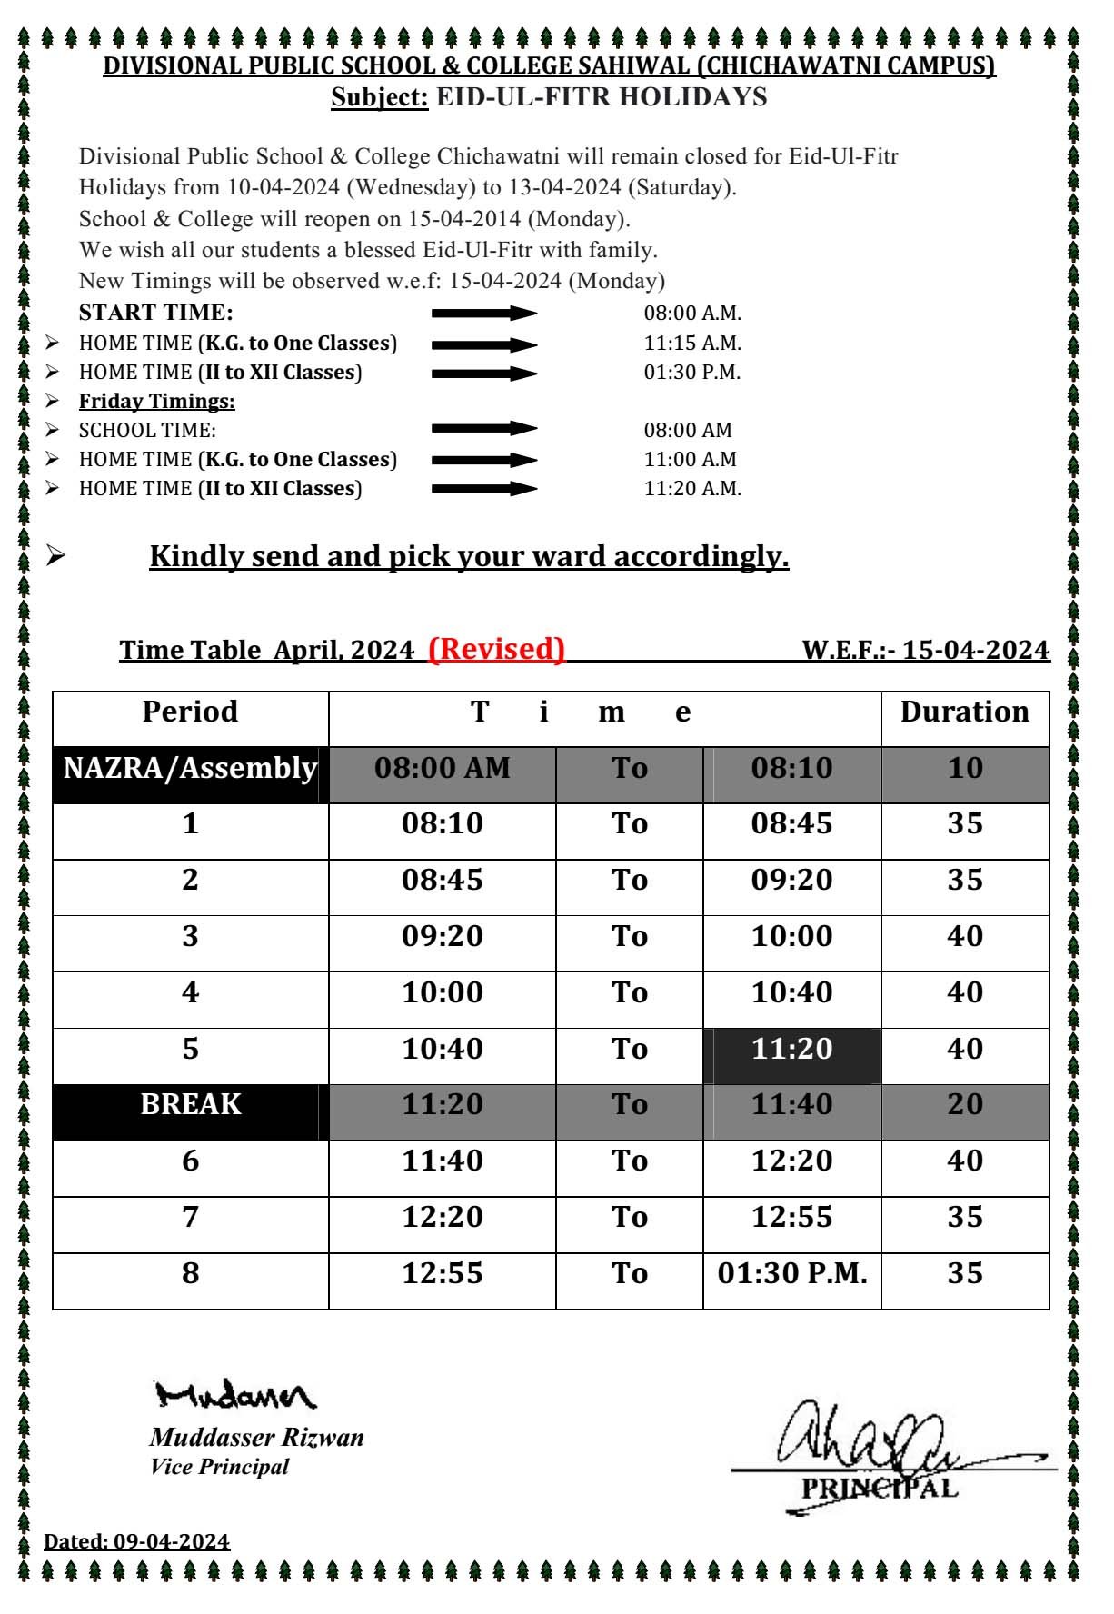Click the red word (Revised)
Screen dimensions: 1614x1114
496,649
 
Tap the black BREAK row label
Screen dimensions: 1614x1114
190,1104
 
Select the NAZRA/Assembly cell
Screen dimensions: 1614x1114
190,769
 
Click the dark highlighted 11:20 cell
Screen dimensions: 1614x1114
791,1050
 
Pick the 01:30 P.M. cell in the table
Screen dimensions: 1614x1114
791,1273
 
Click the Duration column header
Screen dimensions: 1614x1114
964,712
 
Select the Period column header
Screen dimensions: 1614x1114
190,712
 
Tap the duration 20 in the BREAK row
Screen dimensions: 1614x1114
964,1104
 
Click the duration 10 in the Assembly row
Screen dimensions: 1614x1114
964,769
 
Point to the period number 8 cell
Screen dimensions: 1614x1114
190,1273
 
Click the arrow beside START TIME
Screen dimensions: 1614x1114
484,314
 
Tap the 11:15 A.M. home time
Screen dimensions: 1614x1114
692,344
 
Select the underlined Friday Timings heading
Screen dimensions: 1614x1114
156,402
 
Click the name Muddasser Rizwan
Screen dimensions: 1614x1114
256,1438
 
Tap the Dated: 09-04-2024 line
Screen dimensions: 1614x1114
136,1542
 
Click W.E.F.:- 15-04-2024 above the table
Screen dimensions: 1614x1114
925,651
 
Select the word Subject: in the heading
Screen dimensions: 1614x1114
379,97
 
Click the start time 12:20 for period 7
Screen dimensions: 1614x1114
442,1217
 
